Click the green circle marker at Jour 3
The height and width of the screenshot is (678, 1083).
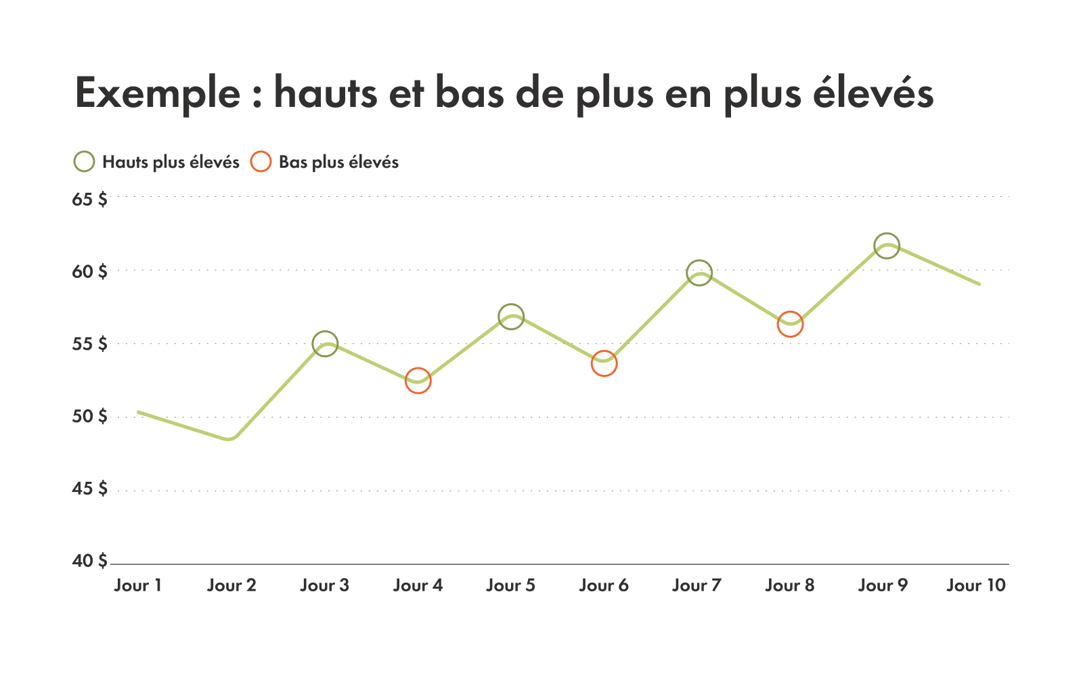tap(326, 344)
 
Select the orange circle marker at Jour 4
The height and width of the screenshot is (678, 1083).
tap(418, 381)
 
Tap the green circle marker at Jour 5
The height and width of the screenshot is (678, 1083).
tap(511, 316)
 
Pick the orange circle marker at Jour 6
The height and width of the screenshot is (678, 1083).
tap(604, 363)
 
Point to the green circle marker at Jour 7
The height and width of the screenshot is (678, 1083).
tap(699, 273)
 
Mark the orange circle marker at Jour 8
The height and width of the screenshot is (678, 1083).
tap(790, 324)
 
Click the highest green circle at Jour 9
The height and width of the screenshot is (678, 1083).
tap(887, 246)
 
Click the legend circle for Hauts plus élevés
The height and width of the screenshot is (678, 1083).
tap(84, 162)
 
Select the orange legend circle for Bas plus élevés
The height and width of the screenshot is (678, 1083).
tap(261, 162)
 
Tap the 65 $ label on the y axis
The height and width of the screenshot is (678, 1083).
tap(89, 200)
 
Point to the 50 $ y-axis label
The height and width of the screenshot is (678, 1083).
tap(89, 416)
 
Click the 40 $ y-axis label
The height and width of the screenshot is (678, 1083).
tap(89, 561)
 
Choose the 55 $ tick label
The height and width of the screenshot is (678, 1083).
tap(89, 344)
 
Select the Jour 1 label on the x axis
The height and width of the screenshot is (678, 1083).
tap(138, 585)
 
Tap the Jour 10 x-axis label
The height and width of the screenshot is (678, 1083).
tap(976, 585)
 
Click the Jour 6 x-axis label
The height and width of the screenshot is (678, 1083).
tap(604, 585)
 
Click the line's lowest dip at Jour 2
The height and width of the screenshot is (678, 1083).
tap(230, 438)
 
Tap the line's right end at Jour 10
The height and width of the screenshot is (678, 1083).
tap(979, 284)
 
